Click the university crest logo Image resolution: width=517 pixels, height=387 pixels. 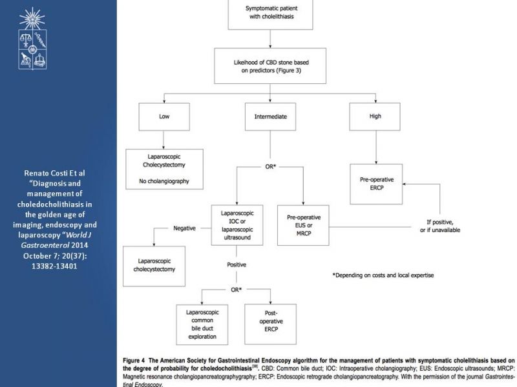(x=32, y=39)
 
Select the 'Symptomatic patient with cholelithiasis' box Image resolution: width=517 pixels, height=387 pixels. (x=270, y=14)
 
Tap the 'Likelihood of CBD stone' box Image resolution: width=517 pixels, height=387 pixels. (x=270, y=66)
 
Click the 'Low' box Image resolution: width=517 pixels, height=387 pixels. (x=164, y=117)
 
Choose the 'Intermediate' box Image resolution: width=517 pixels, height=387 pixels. (x=270, y=117)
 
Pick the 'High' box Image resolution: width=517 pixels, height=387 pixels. (x=375, y=117)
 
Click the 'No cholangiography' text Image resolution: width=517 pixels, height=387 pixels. (x=164, y=181)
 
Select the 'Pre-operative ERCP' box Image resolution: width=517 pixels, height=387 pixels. (x=376, y=184)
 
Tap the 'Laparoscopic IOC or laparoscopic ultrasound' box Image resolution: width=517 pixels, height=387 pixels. (x=237, y=225)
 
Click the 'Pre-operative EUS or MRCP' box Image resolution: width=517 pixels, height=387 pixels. (x=303, y=225)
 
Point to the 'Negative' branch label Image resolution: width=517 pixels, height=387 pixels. (x=184, y=228)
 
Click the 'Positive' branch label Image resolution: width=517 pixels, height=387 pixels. (x=237, y=264)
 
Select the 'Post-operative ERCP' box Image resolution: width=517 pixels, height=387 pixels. (x=270, y=324)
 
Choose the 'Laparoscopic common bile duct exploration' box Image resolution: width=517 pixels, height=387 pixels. (x=202, y=324)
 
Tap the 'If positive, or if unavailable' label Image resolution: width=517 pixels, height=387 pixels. (x=440, y=226)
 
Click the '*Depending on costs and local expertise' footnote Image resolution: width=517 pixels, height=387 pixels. (x=383, y=275)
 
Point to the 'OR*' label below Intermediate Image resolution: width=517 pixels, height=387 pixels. (x=270, y=167)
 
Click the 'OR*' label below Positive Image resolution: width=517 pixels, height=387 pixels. (x=236, y=290)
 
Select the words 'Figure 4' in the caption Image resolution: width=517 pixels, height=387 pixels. (x=134, y=361)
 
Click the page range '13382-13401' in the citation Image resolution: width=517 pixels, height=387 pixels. (x=54, y=266)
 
